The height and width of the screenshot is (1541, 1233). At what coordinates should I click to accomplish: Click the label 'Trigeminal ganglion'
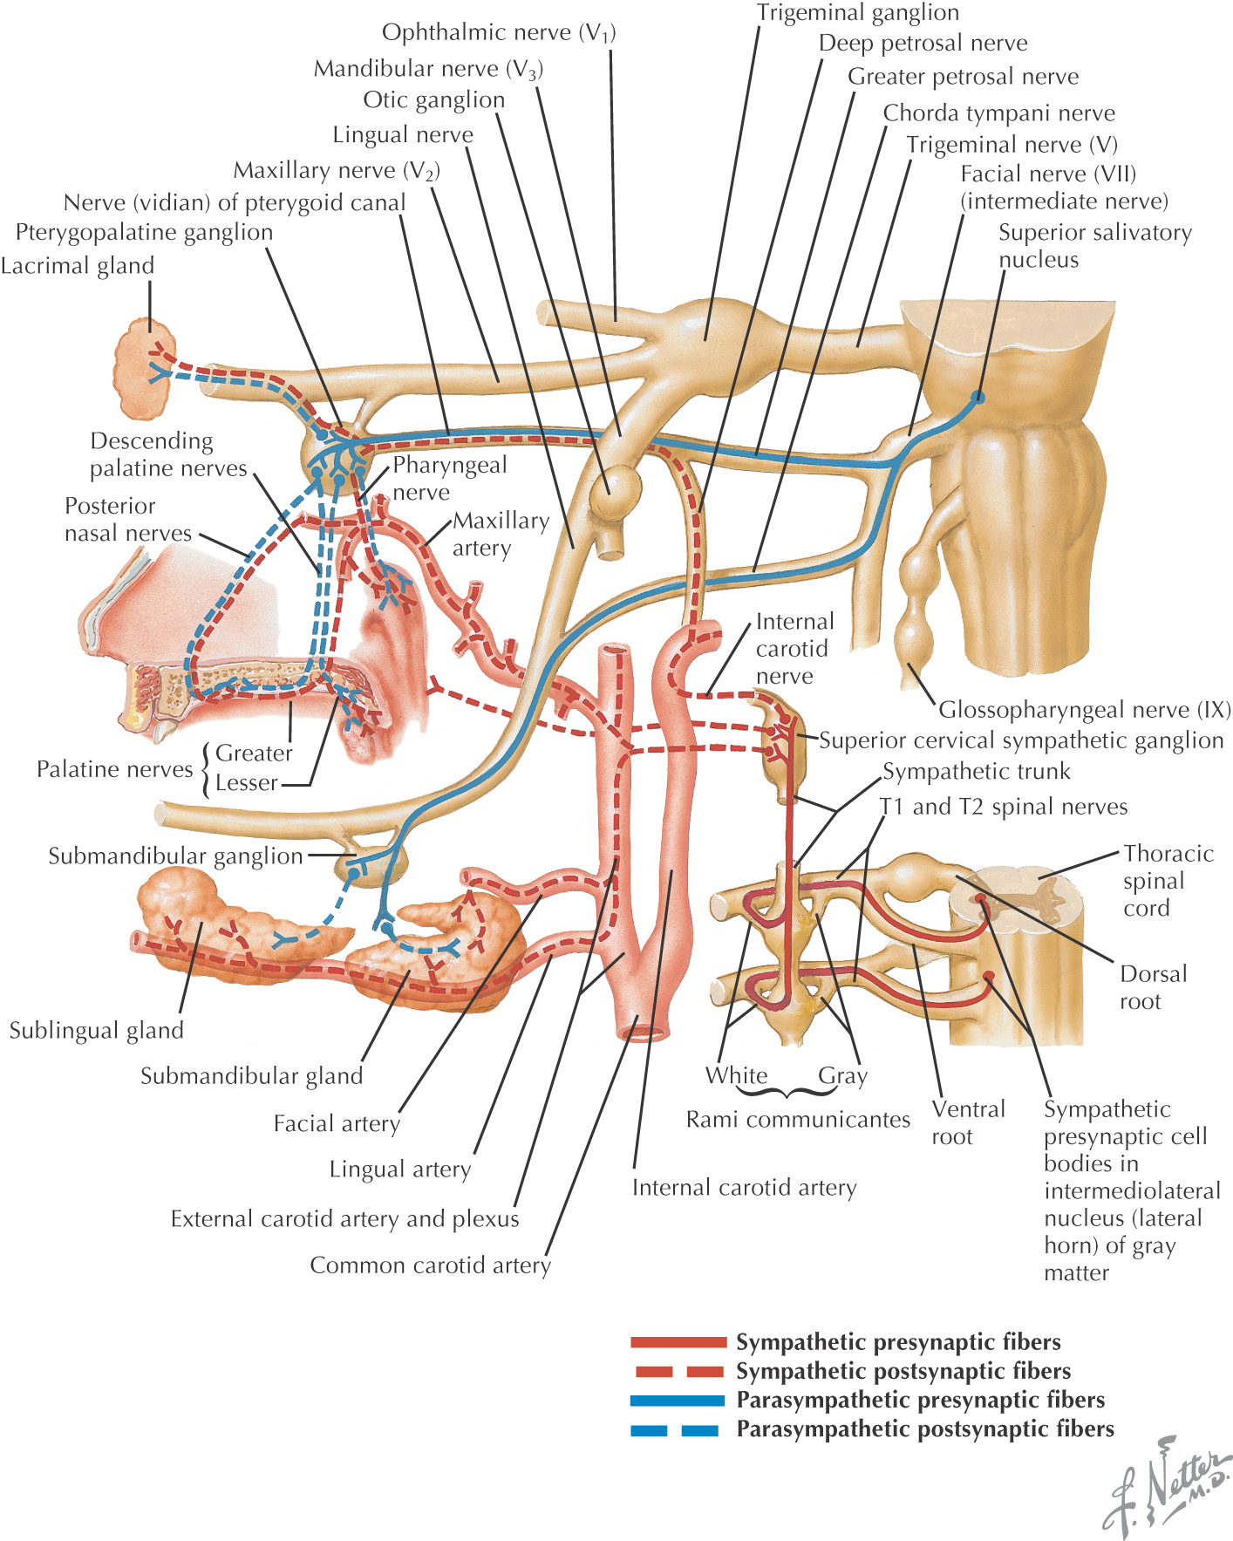tap(857, 13)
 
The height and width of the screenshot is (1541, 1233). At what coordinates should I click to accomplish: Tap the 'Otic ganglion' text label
tap(433, 100)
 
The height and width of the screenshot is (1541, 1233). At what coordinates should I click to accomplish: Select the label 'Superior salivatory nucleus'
tap(1094, 246)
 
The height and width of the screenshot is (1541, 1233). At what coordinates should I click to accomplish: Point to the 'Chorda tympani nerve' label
tap(998, 113)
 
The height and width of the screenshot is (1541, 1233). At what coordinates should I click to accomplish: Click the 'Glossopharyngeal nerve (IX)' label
tap(1084, 710)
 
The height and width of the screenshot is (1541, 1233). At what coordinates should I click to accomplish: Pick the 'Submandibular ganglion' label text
tap(175, 856)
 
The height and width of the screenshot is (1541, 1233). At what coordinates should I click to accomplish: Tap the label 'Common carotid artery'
tap(431, 1265)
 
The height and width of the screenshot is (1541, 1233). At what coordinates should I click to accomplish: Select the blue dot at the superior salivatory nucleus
tap(978, 397)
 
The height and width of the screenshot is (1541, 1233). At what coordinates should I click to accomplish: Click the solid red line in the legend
tap(678, 1342)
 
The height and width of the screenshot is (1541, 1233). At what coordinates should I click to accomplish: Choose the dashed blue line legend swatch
tap(676, 1430)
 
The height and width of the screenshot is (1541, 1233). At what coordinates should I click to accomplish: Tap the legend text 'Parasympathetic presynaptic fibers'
tap(920, 1401)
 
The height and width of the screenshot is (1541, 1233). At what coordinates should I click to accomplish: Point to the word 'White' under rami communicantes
tap(737, 1076)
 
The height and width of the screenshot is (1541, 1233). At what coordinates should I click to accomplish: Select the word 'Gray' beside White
tap(842, 1076)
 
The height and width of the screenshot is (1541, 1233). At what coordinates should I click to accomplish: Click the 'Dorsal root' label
tap(1153, 987)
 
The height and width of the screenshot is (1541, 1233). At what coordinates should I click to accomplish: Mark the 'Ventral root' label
tap(968, 1122)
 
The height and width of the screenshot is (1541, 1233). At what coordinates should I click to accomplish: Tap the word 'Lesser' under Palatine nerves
tap(247, 783)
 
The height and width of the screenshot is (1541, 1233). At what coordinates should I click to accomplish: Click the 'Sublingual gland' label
tap(96, 1031)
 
